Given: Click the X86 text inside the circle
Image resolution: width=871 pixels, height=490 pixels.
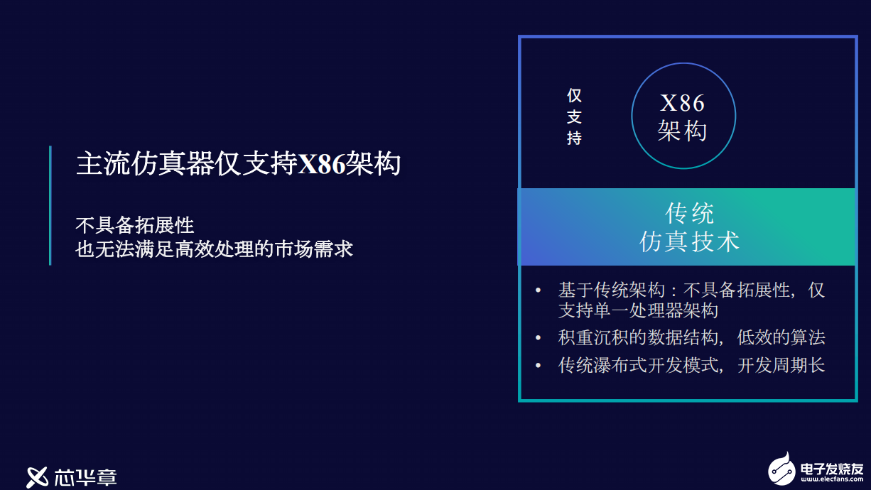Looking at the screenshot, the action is click(x=683, y=103).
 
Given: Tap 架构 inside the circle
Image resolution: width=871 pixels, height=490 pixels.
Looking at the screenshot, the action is click(x=683, y=131).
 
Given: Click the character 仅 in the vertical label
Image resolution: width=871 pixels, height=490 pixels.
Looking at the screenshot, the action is click(x=574, y=96).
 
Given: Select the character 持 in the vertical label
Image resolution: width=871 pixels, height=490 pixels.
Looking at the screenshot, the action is click(x=574, y=138).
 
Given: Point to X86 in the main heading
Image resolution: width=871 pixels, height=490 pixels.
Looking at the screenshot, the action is click(x=322, y=163).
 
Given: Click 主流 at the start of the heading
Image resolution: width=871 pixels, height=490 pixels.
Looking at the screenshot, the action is click(x=104, y=163).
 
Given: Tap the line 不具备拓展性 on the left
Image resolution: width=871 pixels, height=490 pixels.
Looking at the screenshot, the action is click(x=135, y=225).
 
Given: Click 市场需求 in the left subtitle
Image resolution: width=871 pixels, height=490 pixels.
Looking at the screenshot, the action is click(x=314, y=249).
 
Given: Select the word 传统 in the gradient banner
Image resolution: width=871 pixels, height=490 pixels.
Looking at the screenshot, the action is click(x=689, y=213).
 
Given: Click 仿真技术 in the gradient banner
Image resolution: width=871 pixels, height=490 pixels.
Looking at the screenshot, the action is click(x=689, y=241).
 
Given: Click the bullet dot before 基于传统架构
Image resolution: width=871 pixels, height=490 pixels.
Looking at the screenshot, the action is click(x=538, y=290).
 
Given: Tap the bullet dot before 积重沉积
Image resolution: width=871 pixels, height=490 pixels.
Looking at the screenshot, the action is click(x=538, y=338).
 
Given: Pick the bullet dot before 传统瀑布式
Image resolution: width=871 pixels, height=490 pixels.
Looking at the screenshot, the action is click(x=538, y=365).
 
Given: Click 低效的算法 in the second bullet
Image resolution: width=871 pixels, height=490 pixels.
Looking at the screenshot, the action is click(x=781, y=337).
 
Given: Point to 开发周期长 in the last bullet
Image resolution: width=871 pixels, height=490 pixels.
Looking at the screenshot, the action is click(x=781, y=365).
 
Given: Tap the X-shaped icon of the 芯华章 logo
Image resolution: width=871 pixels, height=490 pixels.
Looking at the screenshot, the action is click(x=37, y=477).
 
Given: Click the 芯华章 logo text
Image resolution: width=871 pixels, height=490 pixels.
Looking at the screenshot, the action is click(x=85, y=477).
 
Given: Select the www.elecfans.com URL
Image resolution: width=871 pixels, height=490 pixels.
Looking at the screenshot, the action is click(x=832, y=479).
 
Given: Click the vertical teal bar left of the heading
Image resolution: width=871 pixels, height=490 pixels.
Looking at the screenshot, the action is click(x=50, y=205).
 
